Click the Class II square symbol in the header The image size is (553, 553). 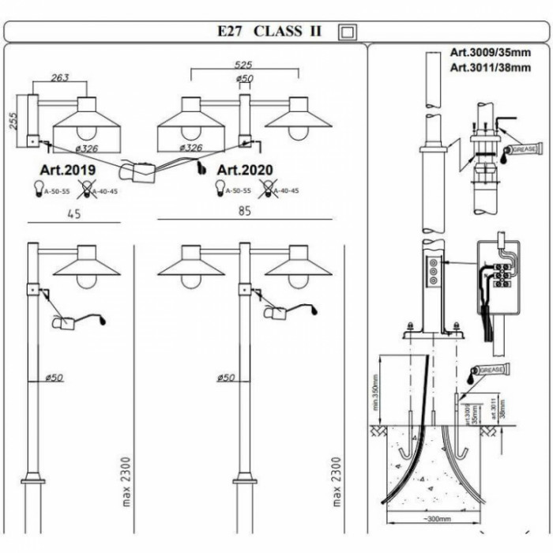click(348, 32)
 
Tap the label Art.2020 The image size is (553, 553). click(245, 170)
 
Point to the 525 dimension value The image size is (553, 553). click(243, 66)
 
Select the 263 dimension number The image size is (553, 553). click(59, 77)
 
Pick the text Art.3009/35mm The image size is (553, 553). click(491, 53)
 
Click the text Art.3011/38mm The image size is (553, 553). click(491, 68)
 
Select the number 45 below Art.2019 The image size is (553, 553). click(74, 213)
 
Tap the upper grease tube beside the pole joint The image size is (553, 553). click(520, 149)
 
